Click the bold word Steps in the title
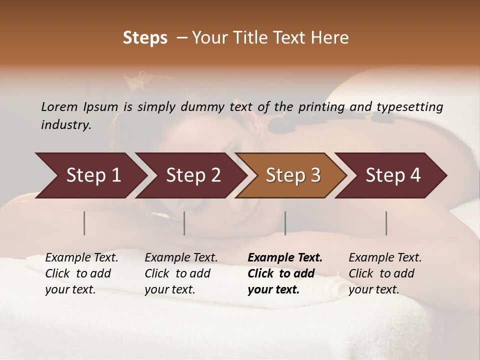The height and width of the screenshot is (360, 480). (145, 38)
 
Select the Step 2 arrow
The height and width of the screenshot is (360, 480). (190, 175)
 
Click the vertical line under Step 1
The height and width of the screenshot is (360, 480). (84, 223)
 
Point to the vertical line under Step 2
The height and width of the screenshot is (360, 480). (184, 223)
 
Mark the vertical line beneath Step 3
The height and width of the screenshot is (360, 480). (285, 223)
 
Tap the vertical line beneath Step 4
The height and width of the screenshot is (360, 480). (386, 223)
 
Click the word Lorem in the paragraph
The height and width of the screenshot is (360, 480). (59, 107)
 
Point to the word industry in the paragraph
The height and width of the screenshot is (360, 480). (66, 125)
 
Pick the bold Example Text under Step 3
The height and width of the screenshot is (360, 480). (285, 258)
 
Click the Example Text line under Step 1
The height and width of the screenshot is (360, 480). (81, 258)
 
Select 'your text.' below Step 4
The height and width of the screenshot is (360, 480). (373, 290)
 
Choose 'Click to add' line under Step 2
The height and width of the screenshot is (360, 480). (177, 274)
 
